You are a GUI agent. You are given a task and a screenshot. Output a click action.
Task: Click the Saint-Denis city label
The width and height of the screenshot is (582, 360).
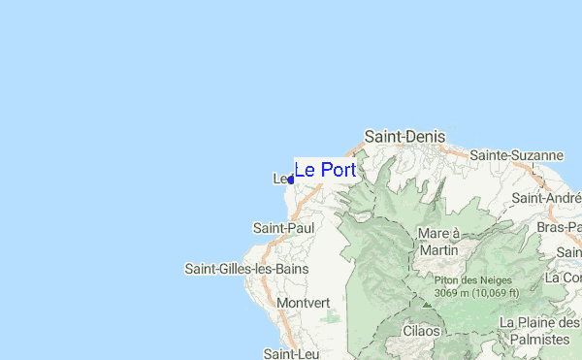point(404,137)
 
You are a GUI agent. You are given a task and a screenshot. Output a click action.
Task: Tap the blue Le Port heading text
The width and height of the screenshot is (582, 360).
point(325,170)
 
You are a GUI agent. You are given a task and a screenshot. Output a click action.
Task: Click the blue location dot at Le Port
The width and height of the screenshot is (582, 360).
point(291,180)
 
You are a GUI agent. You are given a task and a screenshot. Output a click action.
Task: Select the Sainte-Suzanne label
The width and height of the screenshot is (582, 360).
point(517,155)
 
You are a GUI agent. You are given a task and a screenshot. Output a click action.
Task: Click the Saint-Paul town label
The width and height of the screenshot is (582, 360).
point(283,227)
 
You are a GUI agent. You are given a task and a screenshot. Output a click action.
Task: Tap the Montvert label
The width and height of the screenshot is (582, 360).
point(304,303)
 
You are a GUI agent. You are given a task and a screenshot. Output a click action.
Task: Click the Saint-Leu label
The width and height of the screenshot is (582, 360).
point(286,353)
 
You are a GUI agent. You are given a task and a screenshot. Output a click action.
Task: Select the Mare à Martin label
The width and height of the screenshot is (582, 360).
point(437,242)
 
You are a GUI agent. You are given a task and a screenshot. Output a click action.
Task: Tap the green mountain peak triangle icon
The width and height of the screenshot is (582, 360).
point(426,303)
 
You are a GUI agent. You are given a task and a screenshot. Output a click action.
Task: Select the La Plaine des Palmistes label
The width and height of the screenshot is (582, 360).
point(539,331)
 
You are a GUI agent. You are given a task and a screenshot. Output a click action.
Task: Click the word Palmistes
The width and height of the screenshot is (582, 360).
point(538,340)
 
